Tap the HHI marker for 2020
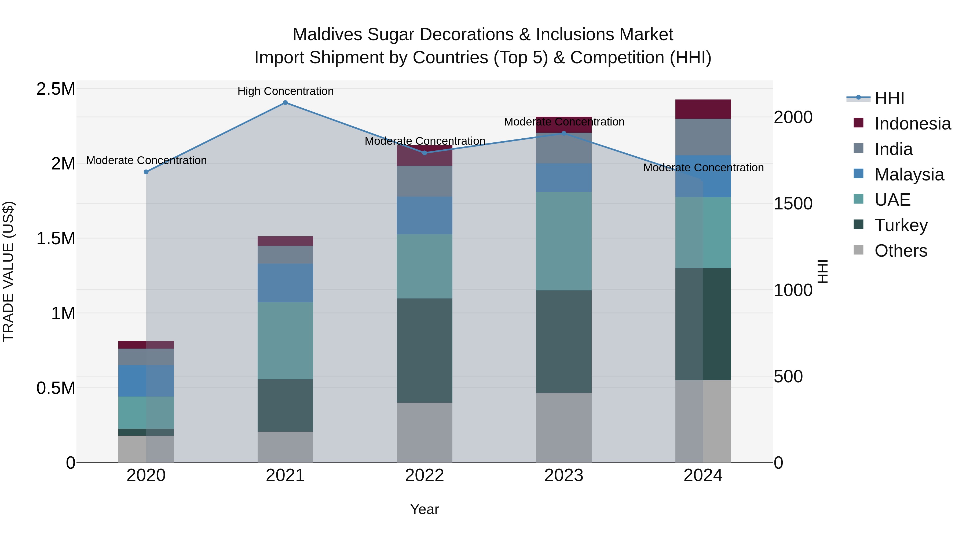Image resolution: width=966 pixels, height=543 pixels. (146, 172)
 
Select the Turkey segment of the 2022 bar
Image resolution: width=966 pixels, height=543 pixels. (425, 350)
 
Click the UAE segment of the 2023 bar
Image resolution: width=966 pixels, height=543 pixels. (563, 241)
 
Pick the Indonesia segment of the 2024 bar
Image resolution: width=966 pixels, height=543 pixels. (703, 109)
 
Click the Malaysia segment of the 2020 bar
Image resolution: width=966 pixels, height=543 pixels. (146, 381)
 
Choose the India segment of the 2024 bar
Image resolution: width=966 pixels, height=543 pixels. (703, 137)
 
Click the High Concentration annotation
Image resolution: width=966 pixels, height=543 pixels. (286, 91)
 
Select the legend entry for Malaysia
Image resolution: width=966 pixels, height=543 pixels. (909, 175)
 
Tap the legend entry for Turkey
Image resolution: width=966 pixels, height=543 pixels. (901, 225)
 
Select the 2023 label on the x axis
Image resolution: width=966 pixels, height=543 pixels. (563, 475)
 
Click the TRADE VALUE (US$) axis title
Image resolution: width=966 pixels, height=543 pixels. (8, 271)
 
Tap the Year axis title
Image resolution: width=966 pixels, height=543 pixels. (424, 509)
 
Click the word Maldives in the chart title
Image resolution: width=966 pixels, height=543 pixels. (327, 35)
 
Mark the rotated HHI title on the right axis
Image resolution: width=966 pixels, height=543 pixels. (822, 271)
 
